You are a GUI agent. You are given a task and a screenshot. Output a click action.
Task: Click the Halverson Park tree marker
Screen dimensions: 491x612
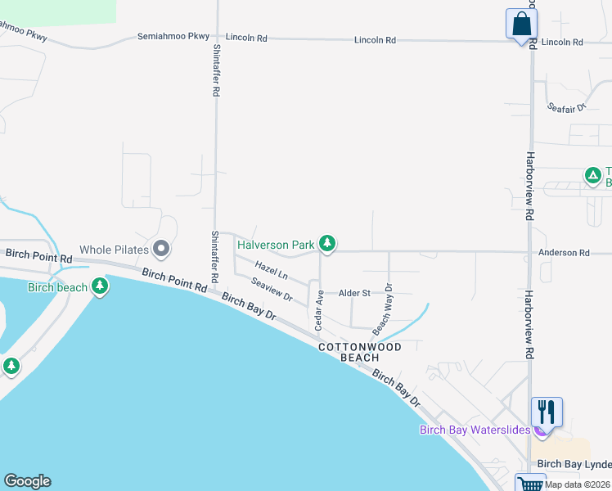[327, 243]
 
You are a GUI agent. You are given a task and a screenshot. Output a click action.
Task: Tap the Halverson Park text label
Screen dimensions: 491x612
[276, 245]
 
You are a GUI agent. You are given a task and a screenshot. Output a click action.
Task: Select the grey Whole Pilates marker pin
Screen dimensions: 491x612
[162, 248]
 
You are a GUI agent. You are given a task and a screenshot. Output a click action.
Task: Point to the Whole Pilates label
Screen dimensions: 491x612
[114, 249]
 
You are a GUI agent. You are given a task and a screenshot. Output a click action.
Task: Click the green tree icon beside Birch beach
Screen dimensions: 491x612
[100, 286]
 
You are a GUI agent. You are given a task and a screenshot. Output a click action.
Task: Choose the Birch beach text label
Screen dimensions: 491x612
[57, 287]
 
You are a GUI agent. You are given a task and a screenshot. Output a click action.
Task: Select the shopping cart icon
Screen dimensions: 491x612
[530, 484]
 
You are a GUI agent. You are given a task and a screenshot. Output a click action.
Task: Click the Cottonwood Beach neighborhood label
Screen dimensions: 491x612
[360, 352]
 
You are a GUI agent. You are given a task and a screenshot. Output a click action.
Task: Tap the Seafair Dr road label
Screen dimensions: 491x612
[568, 107]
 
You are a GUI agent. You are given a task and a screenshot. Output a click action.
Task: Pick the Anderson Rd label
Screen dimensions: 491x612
[564, 253]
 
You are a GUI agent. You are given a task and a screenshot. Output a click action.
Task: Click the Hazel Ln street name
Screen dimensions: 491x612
[271, 269]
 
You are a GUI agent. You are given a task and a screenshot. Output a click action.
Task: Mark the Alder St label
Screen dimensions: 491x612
[354, 292]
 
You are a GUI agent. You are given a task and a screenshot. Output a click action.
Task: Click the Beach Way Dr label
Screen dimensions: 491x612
[383, 309]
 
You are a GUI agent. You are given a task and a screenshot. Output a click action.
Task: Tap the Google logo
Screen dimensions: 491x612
[27, 481]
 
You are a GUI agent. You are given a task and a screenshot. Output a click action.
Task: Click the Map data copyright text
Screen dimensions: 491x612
[578, 484]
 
